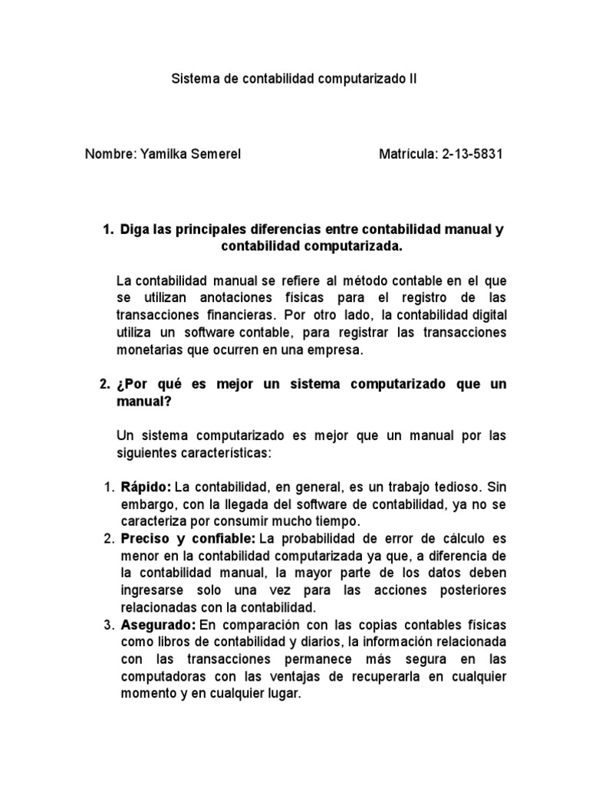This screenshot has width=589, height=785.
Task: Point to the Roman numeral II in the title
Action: tap(413, 79)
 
